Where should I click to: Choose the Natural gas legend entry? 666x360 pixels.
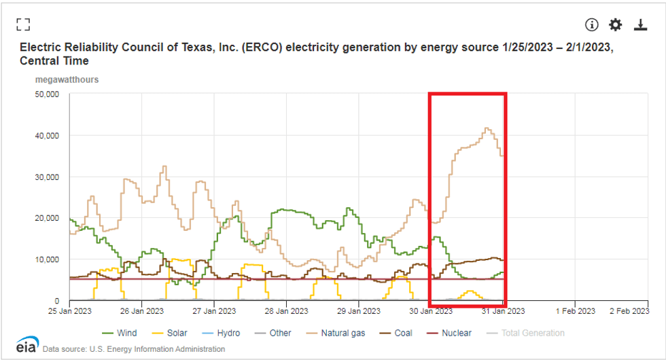(338, 333)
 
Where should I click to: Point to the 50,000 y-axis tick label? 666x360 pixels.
(47, 94)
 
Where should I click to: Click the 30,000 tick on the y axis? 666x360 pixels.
(47, 177)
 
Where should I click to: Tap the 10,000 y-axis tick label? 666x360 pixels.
(47, 259)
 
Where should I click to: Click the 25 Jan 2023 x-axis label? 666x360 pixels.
(70, 311)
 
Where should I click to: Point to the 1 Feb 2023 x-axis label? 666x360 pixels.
(575, 311)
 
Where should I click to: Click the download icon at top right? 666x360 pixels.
(640, 24)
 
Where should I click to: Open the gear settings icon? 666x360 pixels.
(615, 24)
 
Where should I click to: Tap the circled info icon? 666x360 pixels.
(591, 24)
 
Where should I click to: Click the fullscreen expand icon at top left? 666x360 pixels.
(24, 24)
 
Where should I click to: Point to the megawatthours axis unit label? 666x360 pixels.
(67, 79)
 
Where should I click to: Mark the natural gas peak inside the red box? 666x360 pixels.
(486, 128)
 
